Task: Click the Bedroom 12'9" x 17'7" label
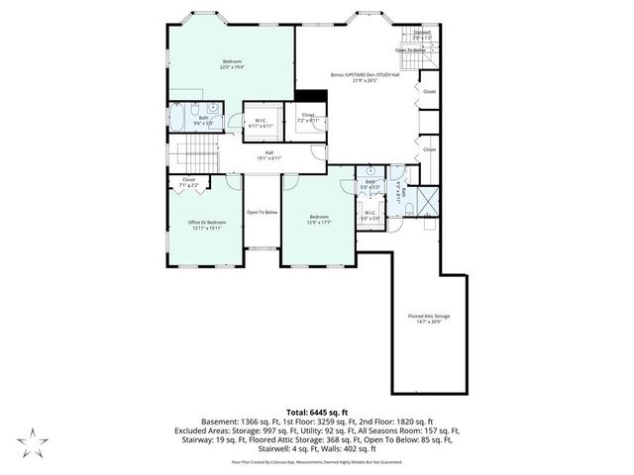pyautogui.click(x=319, y=220)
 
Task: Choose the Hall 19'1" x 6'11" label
pyautogui.click(x=267, y=154)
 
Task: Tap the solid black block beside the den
pyautogui.click(x=311, y=97)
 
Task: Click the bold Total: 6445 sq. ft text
pyautogui.click(x=316, y=410)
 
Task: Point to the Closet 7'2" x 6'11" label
pyautogui.click(x=308, y=118)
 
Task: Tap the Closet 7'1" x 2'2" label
pyautogui.click(x=188, y=183)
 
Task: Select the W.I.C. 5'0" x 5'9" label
pyautogui.click(x=369, y=215)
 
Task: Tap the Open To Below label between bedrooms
pyautogui.click(x=263, y=212)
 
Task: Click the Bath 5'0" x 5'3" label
pyautogui.click(x=370, y=184)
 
